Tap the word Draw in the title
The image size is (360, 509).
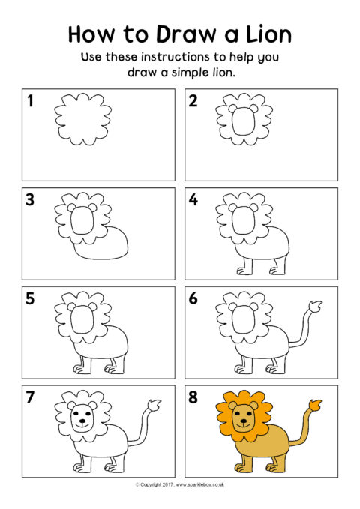pos(187,34)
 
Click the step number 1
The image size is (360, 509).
pos(31,101)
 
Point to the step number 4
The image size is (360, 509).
pos(193,199)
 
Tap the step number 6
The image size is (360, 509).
pos(193,298)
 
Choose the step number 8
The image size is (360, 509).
pos(193,397)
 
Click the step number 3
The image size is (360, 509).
pos(30,199)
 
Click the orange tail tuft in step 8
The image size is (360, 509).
pos(316,406)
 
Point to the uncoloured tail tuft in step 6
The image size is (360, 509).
pos(316,307)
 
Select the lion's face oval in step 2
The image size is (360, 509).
pos(243,121)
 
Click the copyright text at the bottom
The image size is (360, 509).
pos(180,485)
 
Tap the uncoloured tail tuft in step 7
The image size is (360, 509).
pos(154,406)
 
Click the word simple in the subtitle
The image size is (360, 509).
pos(190,73)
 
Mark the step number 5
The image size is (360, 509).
pos(30,298)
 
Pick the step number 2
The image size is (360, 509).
pos(193,101)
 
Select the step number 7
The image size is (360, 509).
pos(30,397)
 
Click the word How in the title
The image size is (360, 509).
pos(91,34)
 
